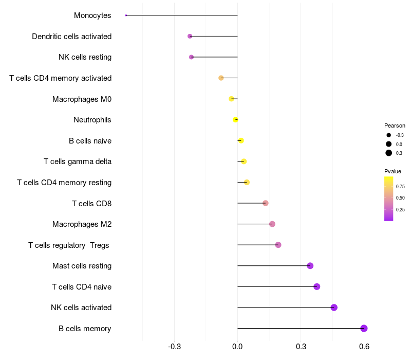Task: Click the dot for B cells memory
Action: (x=364, y=329)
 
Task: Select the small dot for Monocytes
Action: (x=126, y=15)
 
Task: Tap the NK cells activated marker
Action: (x=334, y=308)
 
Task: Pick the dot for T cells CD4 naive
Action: (x=316, y=286)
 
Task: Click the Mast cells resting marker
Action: (x=310, y=266)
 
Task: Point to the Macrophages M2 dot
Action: (x=272, y=224)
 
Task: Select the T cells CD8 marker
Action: (x=265, y=203)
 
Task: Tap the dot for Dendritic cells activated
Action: (x=190, y=37)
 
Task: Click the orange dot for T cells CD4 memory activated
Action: (x=221, y=78)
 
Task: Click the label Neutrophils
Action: (x=92, y=120)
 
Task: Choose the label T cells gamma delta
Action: (x=78, y=161)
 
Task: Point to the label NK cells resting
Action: (x=85, y=57)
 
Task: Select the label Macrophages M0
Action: (x=82, y=99)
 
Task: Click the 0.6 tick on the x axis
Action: (x=364, y=347)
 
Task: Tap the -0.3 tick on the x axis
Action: (x=175, y=347)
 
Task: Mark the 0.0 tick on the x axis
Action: (x=237, y=347)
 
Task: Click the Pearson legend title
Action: (x=395, y=125)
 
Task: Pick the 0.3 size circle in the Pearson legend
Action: (x=389, y=153)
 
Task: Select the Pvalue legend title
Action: (x=393, y=171)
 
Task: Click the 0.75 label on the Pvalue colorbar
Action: (x=400, y=186)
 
